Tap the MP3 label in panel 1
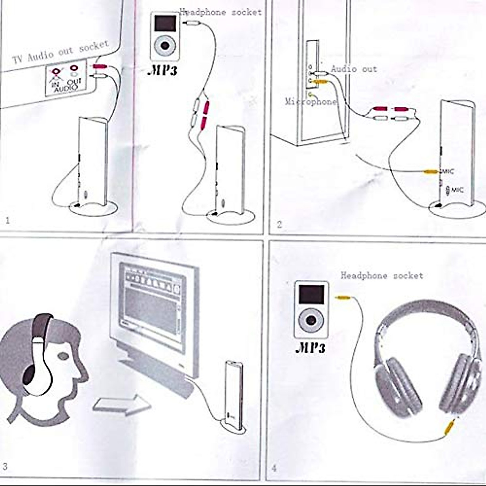[163, 70]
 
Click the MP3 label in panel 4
[311, 347]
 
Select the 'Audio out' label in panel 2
[354, 69]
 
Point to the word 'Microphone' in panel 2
[311, 102]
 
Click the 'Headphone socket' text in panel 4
[382, 276]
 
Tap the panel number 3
[5, 467]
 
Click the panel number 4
[274, 469]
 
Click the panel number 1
[7, 221]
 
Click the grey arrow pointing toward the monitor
[122, 405]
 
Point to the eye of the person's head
[64, 356]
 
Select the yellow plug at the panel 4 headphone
[449, 427]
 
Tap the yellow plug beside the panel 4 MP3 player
[343, 298]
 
